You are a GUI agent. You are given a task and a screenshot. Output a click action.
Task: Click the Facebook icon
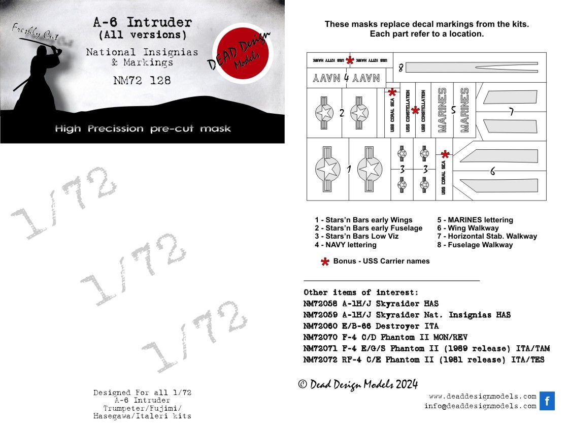547,401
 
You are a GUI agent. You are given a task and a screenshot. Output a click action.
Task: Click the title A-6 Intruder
142,23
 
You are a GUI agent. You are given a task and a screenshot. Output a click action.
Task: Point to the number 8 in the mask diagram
400,68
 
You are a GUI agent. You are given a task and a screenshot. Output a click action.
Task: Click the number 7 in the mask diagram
512,112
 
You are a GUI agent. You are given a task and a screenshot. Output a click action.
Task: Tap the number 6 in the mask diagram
492,172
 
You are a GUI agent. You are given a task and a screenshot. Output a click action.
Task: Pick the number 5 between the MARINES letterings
453,110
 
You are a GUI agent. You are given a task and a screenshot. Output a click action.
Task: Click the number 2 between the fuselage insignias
342,113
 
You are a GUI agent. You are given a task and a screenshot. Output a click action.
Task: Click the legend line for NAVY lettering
346,245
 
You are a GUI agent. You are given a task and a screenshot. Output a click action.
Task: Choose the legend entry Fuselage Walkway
475,245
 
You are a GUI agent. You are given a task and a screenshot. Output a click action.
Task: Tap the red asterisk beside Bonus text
325,261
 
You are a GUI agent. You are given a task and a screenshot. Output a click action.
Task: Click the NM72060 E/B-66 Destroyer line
371,326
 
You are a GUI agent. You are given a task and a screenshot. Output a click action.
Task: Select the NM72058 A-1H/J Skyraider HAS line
371,304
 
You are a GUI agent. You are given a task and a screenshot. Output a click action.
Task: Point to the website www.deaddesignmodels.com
482,396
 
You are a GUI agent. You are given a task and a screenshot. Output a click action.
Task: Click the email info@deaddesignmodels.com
480,406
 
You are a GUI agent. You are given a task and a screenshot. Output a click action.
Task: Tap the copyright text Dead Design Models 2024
357,384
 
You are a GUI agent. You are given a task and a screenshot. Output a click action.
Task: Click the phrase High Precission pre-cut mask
143,128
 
